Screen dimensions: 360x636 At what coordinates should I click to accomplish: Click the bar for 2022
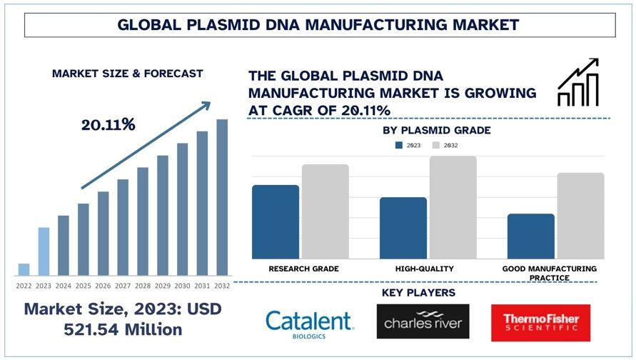[x=24, y=269]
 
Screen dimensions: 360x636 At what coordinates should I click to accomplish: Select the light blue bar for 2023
[x=44, y=251]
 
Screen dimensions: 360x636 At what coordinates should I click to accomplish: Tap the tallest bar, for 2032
[x=222, y=197]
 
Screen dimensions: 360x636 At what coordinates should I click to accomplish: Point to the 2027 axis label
[x=123, y=286]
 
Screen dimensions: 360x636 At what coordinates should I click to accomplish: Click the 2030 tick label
[x=182, y=286]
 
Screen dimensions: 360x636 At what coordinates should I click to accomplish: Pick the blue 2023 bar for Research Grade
[x=276, y=221]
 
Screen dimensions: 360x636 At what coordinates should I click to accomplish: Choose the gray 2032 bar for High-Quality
[x=453, y=207]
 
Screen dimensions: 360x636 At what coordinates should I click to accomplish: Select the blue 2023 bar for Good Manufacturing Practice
[x=530, y=236]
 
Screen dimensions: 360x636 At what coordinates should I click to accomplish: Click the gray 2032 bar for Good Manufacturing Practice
[x=580, y=216]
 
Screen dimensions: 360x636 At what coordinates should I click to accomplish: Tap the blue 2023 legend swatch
[x=400, y=145]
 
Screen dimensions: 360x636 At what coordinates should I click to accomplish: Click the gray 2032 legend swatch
[x=436, y=145]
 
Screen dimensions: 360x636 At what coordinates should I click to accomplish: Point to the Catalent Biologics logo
[x=308, y=322]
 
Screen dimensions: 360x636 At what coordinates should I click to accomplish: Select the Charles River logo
[x=423, y=322]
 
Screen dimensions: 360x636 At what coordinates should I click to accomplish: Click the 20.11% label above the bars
[x=108, y=125]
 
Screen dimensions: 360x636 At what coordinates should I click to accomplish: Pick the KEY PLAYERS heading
[x=418, y=293]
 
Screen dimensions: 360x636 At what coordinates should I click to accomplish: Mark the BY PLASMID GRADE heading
[x=436, y=131]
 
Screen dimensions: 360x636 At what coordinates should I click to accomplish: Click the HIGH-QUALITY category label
[x=424, y=269]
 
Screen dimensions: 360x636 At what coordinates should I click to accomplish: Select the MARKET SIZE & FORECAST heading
[x=127, y=73]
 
